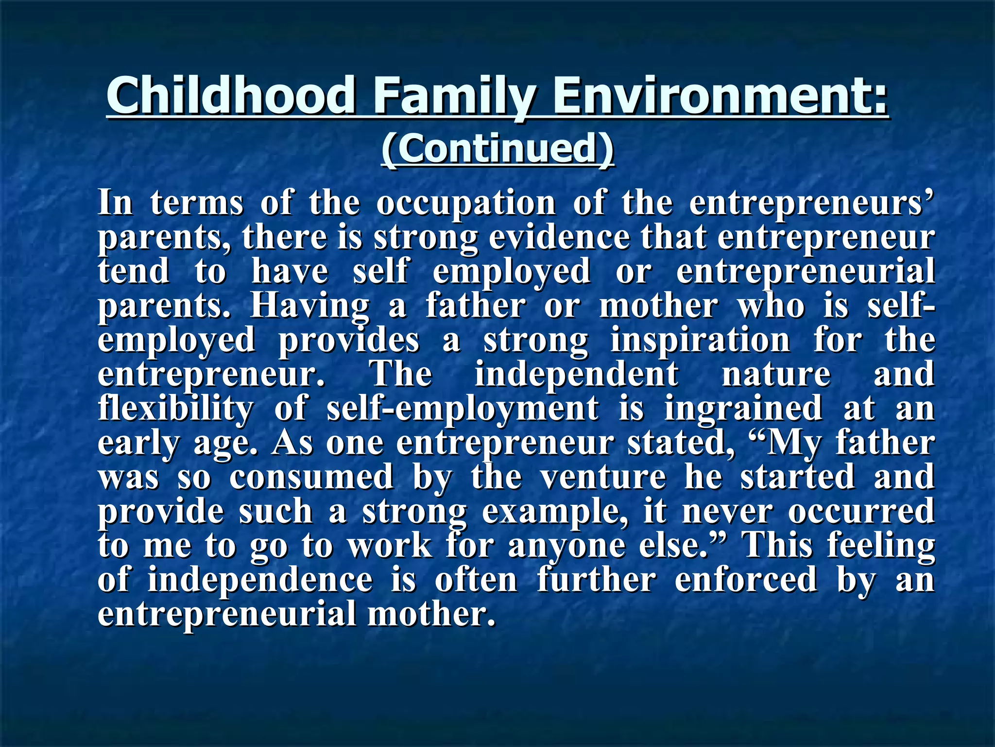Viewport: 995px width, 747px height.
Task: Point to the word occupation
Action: (466, 204)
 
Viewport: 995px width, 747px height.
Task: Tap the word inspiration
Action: (700, 340)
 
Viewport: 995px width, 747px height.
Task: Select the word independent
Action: (576, 375)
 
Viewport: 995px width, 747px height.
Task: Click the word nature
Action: (776, 375)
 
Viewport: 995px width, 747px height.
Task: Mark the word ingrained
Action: (743, 409)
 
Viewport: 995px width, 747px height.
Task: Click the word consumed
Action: (311, 477)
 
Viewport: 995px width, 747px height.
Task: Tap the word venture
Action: (603, 477)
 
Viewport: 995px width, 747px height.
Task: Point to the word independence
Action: (260, 581)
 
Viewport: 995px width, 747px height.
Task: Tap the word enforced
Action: (746, 580)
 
